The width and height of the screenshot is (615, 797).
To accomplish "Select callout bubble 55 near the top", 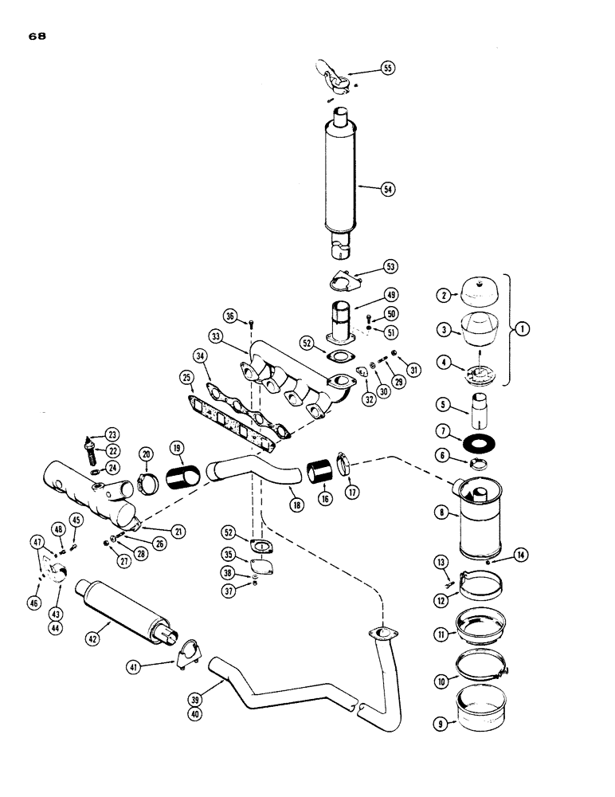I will (x=387, y=69).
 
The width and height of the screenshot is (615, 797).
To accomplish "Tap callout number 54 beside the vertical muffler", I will (x=388, y=189).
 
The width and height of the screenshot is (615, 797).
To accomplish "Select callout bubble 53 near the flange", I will (x=391, y=266).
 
